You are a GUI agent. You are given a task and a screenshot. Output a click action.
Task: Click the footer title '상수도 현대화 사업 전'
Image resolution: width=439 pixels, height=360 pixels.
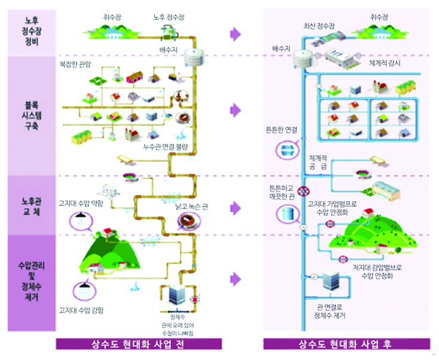tap(138, 345)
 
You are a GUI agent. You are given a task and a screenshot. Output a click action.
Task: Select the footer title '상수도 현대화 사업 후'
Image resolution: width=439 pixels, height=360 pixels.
tap(348, 345)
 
